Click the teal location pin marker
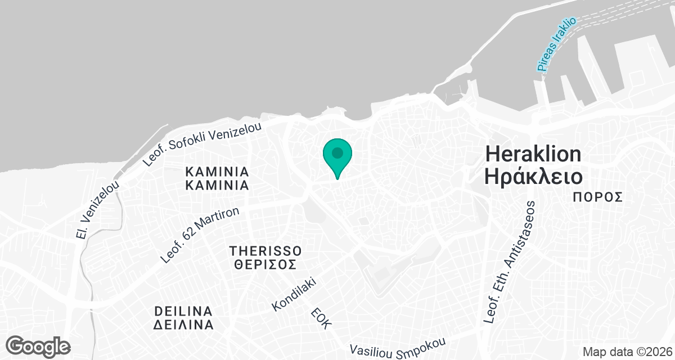pyautogui.click(x=337, y=157)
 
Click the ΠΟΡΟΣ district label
pyautogui.click(x=598, y=197)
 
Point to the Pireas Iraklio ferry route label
pyautogui.click(x=556, y=44)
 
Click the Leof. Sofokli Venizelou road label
pyautogui.click(x=202, y=144)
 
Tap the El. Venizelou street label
pyautogui.click(x=98, y=210)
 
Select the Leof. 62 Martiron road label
pyautogui.click(x=200, y=235)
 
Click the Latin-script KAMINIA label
pyautogui.click(x=217, y=171)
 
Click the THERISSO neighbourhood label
pyautogui.click(x=265, y=250)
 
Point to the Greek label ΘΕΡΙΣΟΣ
pyautogui.click(x=265, y=264)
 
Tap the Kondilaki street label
pyautogui.click(x=295, y=294)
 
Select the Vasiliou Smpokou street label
pyautogui.click(x=398, y=348)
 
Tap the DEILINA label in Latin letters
pyautogui.click(x=183, y=312)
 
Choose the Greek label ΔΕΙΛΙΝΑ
pyautogui.click(x=183, y=325)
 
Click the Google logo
pyautogui.click(x=38, y=345)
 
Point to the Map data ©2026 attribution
pyautogui.click(x=626, y=352)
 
